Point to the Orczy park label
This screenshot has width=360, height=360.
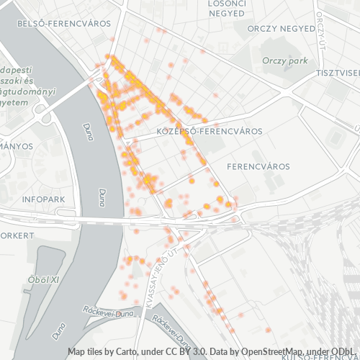(284, 61)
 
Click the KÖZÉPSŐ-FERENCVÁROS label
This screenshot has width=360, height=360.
(209, 132)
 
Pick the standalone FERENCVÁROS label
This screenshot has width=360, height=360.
(258, 166)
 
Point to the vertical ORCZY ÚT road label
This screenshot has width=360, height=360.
(320, 29)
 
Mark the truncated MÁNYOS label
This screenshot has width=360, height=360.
(17, 146)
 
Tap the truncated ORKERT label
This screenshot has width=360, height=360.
(17, 235)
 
